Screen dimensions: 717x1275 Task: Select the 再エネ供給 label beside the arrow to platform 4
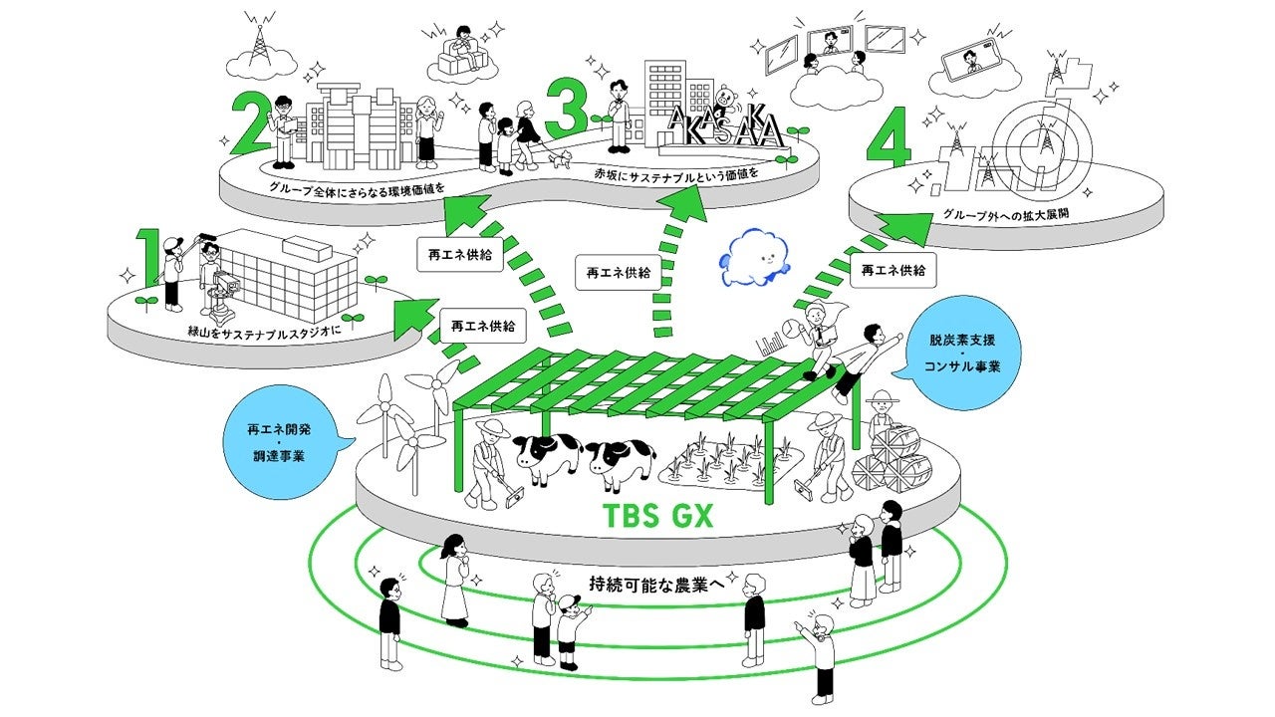892,269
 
